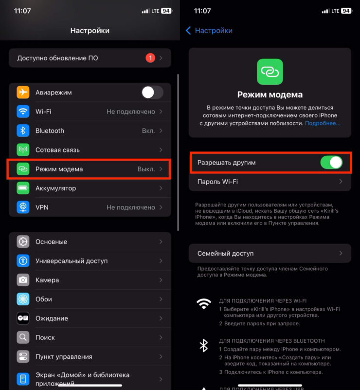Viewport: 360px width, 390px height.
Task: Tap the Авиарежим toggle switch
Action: pos(152,92)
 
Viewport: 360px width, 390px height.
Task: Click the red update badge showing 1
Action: pos(150,58)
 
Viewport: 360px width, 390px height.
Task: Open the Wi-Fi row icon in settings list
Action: pos(23,111)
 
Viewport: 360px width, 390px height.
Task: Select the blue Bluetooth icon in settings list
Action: pos(23,130)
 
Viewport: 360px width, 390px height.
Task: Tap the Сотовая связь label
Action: pos(57,150)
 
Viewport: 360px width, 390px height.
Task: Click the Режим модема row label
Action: pos(59,169)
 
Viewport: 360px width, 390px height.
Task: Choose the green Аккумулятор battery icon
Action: pos(23,188)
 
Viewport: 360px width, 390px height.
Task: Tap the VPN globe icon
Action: pos(23,207)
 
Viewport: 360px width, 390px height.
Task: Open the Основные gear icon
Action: pos(23,241)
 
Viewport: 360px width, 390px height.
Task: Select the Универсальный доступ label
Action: pos(72,261)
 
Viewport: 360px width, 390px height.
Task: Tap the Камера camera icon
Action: pos(23,280)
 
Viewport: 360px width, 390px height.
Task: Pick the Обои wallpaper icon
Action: pos(23,299)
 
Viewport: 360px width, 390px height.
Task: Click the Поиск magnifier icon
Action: pos(23,337)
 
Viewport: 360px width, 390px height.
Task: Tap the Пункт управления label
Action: pos(64,356)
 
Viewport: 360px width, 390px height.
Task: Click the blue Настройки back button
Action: pos(209,31)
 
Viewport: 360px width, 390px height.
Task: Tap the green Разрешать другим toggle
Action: pos(331,163)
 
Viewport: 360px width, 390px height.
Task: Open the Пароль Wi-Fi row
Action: pos(270,182)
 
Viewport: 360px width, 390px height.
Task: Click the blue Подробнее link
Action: pos(323,123)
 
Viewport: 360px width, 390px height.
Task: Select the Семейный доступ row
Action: pos(270,253)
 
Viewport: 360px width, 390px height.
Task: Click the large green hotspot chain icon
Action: pos(270,72)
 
